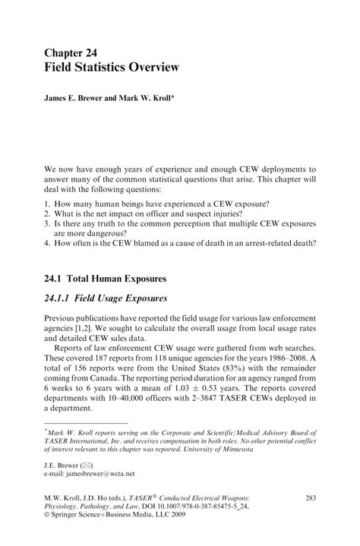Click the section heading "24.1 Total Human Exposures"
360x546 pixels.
click(113, 279)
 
